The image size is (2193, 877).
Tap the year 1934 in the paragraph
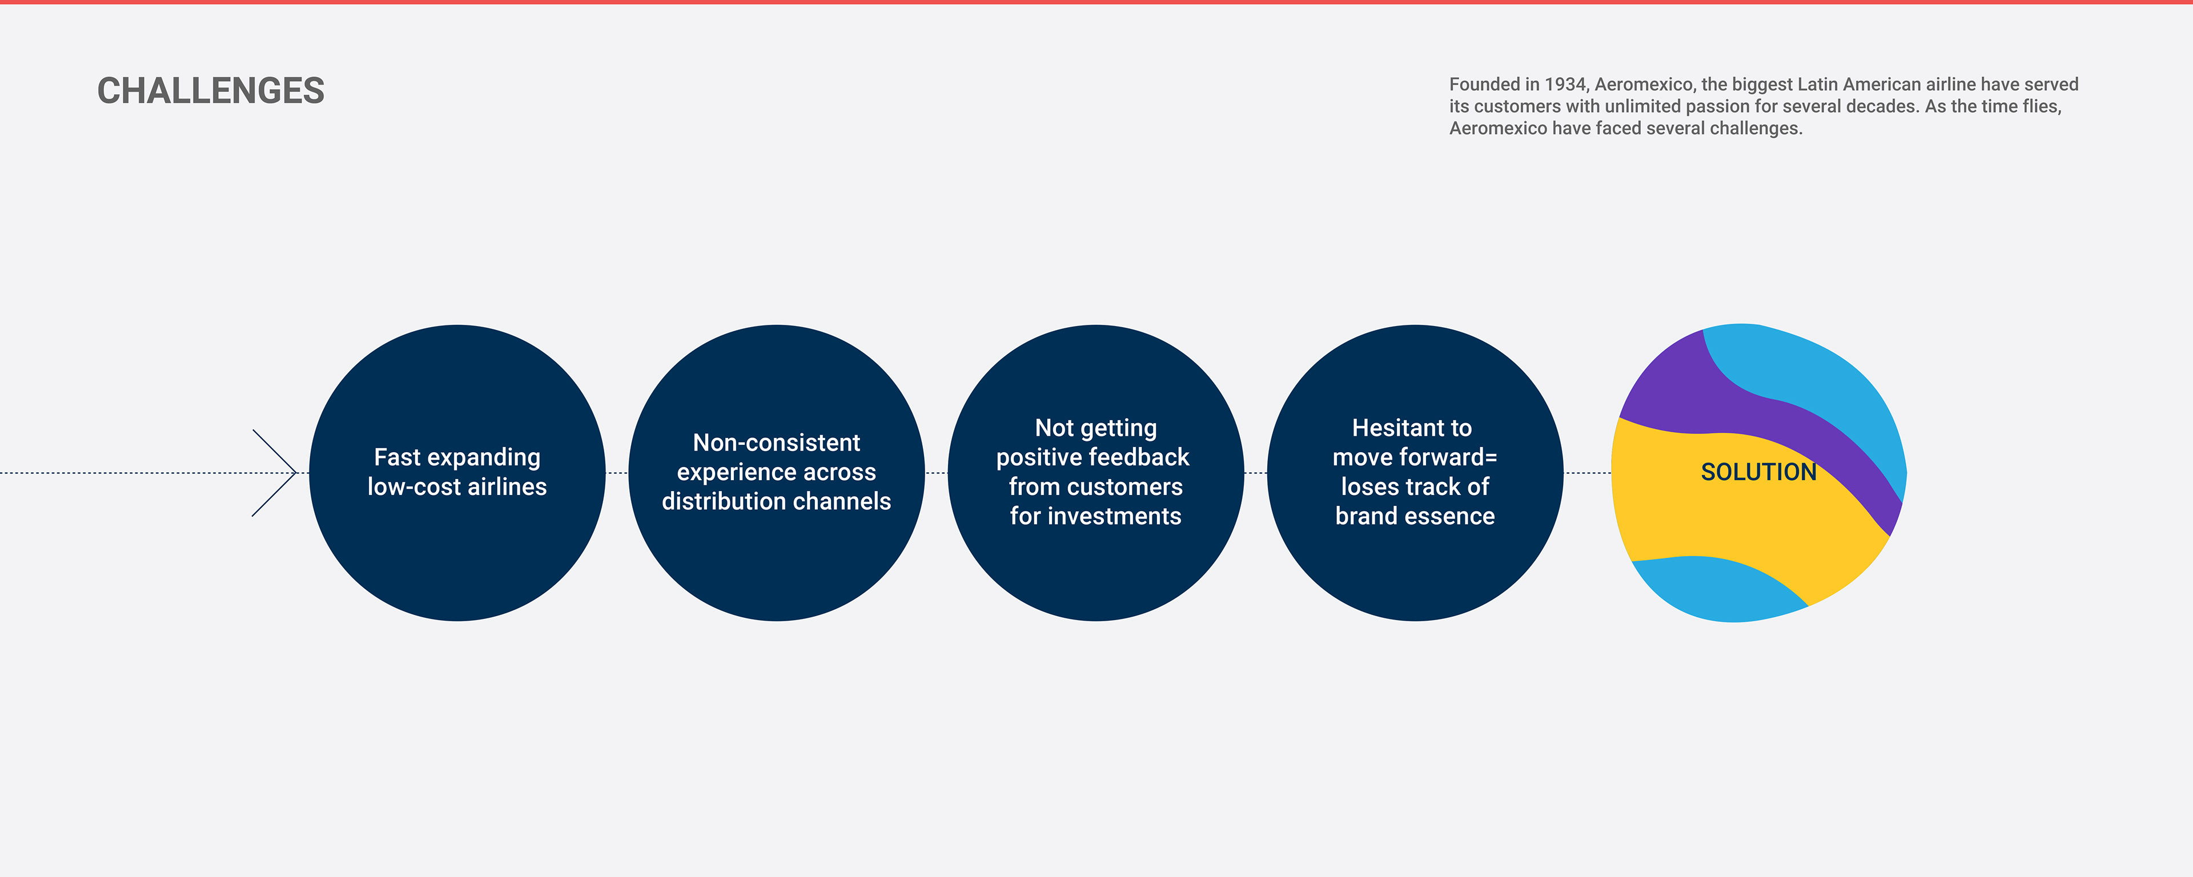(1565, 85)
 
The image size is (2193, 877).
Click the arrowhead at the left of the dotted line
(274, 473)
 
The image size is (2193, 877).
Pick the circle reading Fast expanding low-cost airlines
(457, 473)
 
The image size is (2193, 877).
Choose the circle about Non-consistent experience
(777, 473)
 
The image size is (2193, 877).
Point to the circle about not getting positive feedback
(1096, 473)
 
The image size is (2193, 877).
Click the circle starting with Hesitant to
(1415, 473)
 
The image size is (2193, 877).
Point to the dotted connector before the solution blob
(1588, 473)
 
